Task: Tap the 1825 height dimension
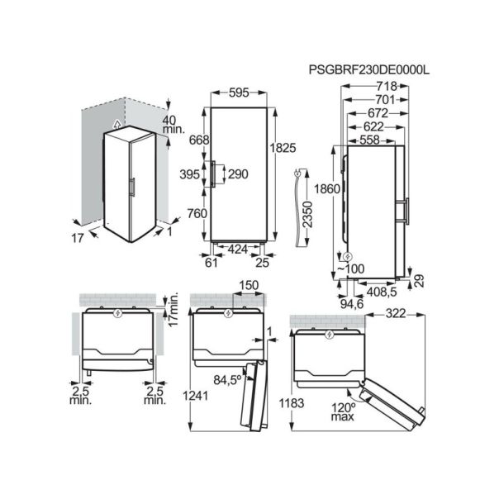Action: [x=284, y=149]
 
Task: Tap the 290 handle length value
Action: [x=239, y=174]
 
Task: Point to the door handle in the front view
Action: [x=213, y=174]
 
